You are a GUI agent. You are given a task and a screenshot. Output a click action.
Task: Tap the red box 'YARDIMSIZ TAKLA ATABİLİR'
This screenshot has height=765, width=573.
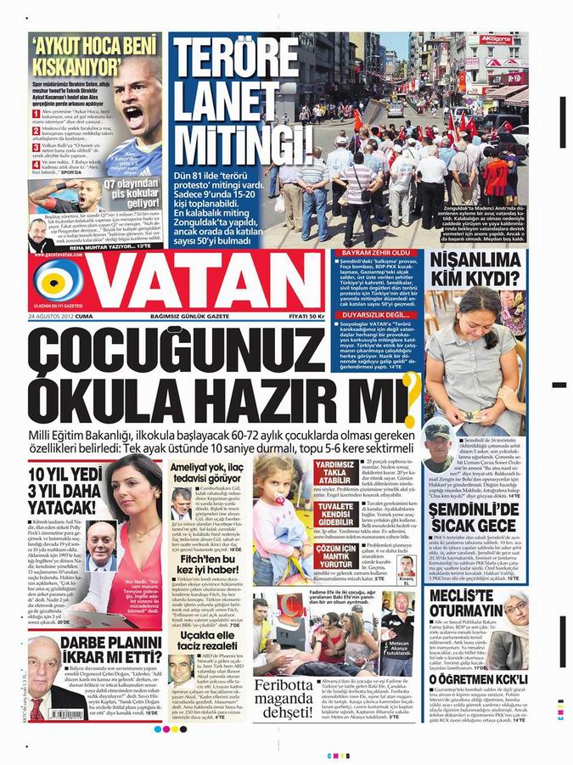337,473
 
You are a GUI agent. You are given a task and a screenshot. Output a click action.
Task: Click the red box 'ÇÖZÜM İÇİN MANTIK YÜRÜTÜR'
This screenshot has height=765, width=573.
337,557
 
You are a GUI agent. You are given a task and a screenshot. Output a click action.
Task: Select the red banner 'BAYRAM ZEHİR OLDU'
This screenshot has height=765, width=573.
376,253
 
